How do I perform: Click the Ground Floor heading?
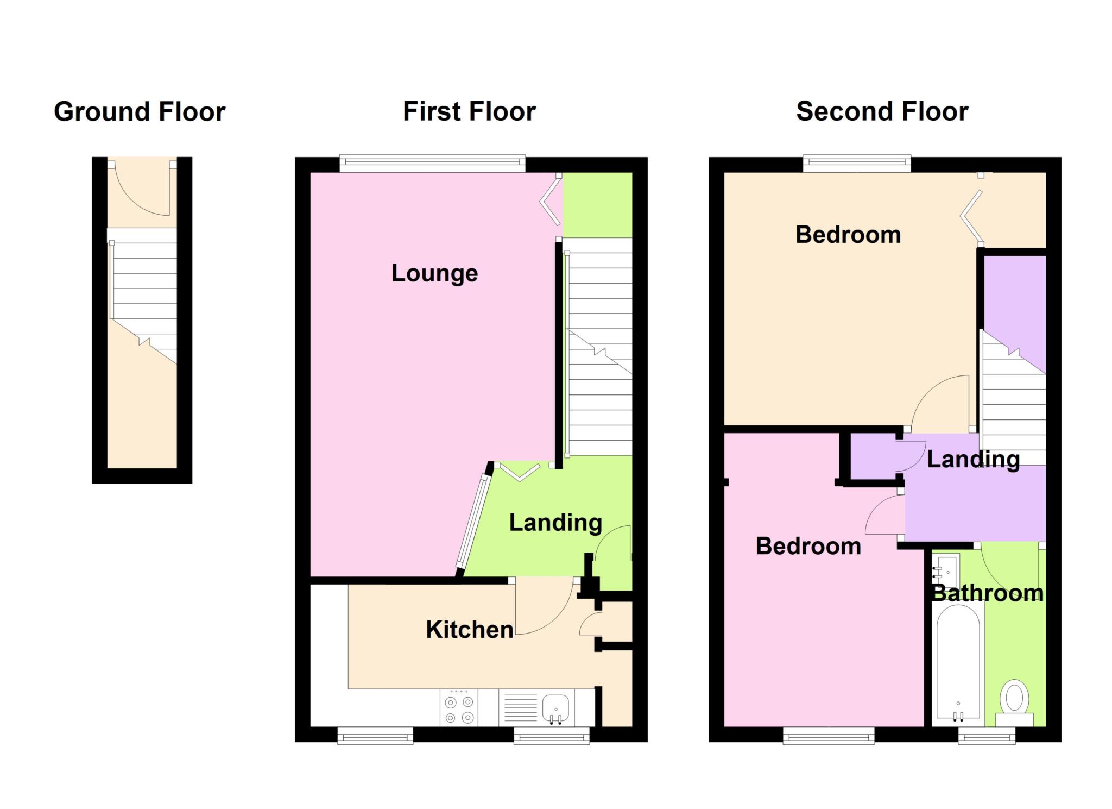tap(140, 112)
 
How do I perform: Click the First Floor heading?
tap(469, 112)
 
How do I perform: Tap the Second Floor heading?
tap(882, 112)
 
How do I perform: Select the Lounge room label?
tap(434, 273)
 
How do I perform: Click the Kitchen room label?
tap(470, 630)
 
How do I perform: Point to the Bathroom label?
tap(988, 593)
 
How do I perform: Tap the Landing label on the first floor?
tap(555, 523)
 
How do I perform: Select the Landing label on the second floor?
tap(973, 460)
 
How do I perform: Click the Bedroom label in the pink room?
tap(808, 546)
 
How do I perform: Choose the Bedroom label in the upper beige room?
tap(848, 235)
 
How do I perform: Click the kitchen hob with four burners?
tap(459, 707)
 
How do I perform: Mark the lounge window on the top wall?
tap(433, 164)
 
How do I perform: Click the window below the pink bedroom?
tap(829, 736)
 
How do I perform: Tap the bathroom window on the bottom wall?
tap(987, 736)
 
